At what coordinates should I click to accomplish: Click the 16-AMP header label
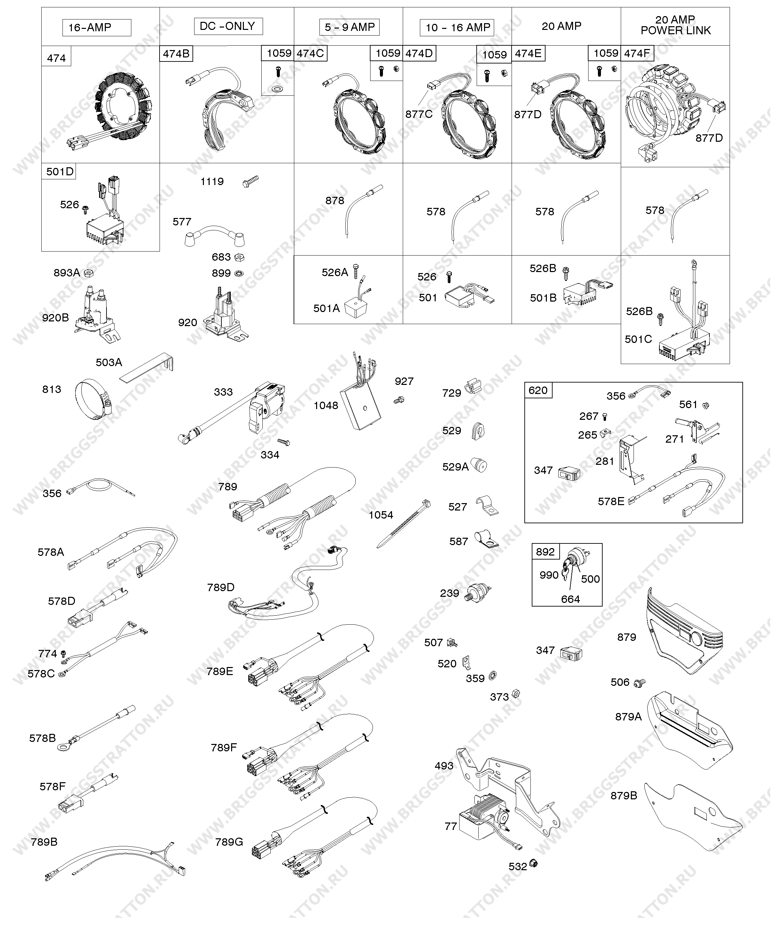(x=90, y=28)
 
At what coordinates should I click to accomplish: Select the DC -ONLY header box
(x=228, y=26)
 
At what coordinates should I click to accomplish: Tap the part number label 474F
(x=637, y=54)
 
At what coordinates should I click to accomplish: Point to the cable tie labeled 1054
(x=403, y=523)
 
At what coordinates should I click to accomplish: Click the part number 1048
(x=326, y=405)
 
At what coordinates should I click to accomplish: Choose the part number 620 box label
(x=538, y=391)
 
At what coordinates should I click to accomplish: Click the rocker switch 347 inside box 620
(x=569, y=474)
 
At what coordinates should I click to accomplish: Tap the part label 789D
(x=221, y=587)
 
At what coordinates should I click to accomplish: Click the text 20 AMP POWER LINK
(x=675, y=25)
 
